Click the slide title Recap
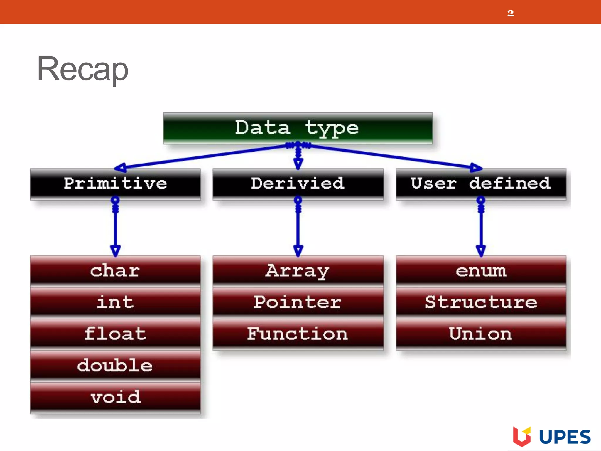coord(82,69)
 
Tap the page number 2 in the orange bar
coord(510,13)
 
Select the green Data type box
coord(298,128)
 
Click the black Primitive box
coord(115,184)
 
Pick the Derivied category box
coord(298,184)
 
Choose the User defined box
coord(481,184)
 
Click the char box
coord(115,270)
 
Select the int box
coord(115,302)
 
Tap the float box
coord(115,334)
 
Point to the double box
coord(115,366)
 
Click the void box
coord(115,397)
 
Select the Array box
coord(298,270)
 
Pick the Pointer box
coord(298,302)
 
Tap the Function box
coord(298,334)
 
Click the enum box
coord(481,270)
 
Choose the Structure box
coord(481,302)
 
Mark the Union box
coord(481,334)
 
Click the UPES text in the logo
coord(565,437)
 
